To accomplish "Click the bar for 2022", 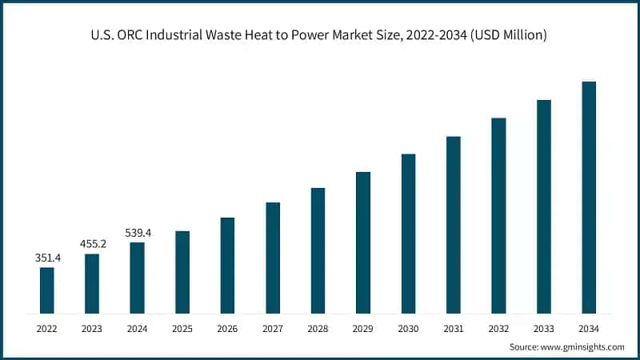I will (47, 290).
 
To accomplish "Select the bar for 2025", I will (182, 272).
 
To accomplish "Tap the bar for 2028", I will (318, 250).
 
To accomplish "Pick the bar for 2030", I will (408, 234).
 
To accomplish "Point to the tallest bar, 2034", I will (589, 198).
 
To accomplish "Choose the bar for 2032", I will (498, 216).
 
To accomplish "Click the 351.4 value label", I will (47, 258).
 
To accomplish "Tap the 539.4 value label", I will (138, 233).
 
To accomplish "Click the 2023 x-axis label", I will (92, 328).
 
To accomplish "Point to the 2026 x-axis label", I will (227, 328).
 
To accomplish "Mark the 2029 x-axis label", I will (363, 328).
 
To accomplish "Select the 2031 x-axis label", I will (454, 328).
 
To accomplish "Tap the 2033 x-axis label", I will (544, 328).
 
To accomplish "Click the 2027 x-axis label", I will (273, 328).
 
